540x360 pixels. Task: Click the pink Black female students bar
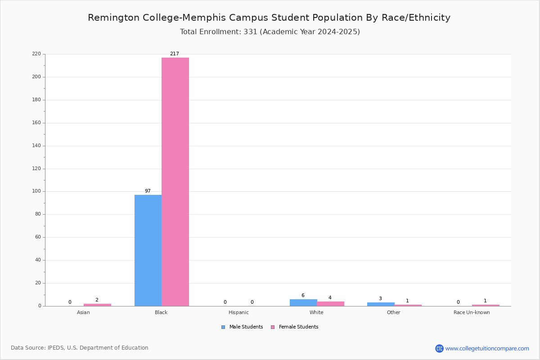click(x=175, y=182)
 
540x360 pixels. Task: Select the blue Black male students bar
click(x=148, y=250)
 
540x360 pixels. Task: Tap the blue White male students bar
click(x=303, y=302)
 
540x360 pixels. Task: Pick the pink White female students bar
click(x=330, y=304)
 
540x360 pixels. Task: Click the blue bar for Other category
click(x=381, y=304)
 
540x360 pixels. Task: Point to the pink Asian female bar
click(x=97, y=305)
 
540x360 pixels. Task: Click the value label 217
click(x=174, y=54)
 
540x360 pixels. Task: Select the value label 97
click(x=148, y=191)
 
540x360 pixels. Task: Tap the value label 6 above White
click(x=303, y=296)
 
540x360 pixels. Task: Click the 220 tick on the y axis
click(x=36, y=54)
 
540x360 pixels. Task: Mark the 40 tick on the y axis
click(x=38, y=260)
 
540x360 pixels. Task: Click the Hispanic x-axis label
click(x=238, y=312)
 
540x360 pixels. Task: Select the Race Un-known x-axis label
click(x=472, y=312)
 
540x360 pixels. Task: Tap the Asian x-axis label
click(x=83, y=312)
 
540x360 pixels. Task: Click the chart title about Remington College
click(x=269, y=18)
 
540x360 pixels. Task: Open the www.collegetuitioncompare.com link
click(x=487, y=348)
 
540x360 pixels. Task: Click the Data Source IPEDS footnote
click(x=80, y=348)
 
